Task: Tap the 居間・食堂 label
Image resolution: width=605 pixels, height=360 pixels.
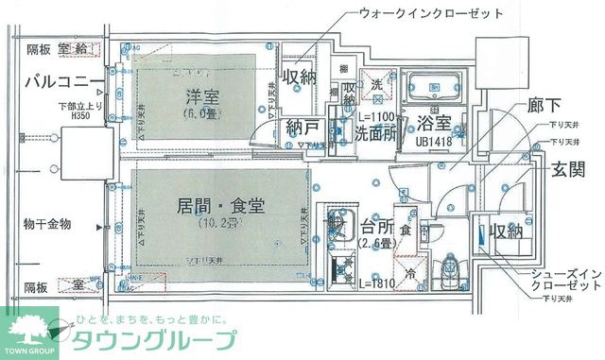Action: tap(219, 206)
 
